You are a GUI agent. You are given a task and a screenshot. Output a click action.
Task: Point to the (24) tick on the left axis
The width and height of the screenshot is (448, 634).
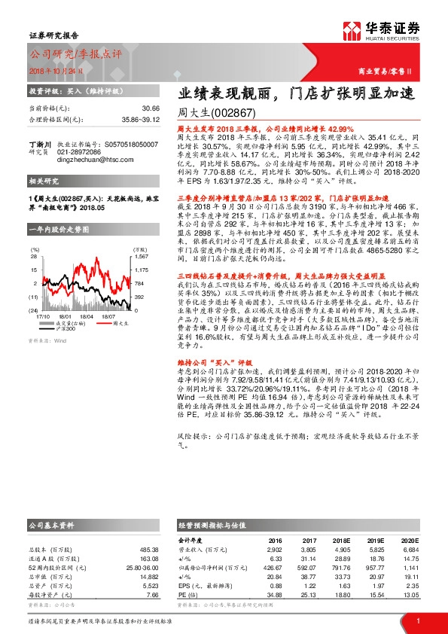point(34,310)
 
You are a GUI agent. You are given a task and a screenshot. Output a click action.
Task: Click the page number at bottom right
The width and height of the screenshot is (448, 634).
point(417,620)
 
